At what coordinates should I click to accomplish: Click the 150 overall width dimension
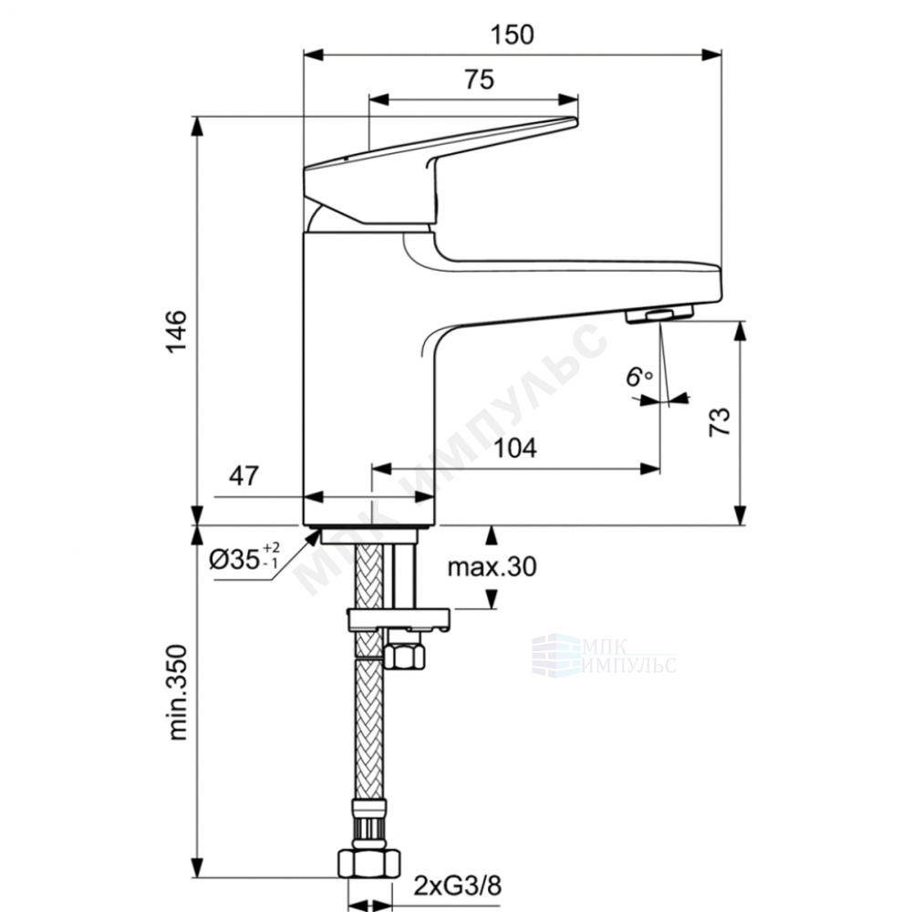tap(512, 35)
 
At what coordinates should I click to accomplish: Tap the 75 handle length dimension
tap(480, 79)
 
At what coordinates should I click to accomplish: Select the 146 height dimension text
tap(177, 331)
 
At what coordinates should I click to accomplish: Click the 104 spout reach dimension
tap(515, 449)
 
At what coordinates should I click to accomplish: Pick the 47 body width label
tap(244, 476)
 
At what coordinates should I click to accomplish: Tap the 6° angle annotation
tap(638, 377)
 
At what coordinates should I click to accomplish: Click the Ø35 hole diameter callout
tap(244, 560)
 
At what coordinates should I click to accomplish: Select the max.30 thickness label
tap(492, 566)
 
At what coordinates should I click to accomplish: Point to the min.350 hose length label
tap(178, 692)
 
